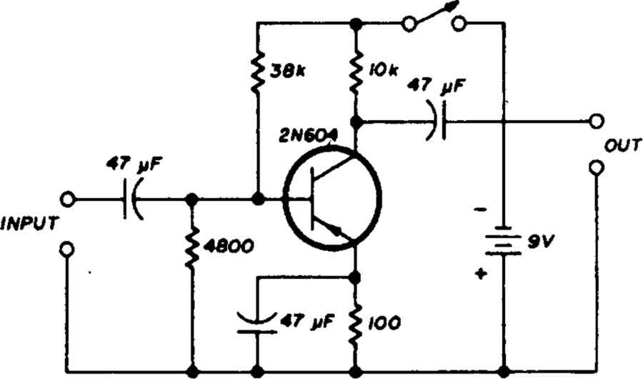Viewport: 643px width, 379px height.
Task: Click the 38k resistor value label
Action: pyautogui.click(x=286, y=72)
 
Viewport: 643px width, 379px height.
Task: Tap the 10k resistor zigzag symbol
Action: pyautogui.click(x=356, y=72)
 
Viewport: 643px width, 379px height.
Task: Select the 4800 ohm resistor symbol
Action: pyautogui.click(x=191, y=247)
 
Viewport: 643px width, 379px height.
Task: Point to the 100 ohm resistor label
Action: pyautogui.click(x=384, y=324)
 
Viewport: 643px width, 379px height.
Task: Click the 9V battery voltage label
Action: pyautogui.click(x=540, y=242)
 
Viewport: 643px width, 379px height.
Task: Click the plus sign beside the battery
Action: pyautogui.click(x=481, y=274)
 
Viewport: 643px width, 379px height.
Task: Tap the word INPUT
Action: pyautogui.click(x=29, y=224)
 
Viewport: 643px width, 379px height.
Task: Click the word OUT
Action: pyautogui.click(x=622, y=145)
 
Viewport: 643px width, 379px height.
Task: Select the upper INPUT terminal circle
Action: pyautogui.click(x=67, y=200)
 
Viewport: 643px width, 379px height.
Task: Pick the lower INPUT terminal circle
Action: pyautogui.click(x=67, y=249)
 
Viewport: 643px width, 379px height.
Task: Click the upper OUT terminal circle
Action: pyautogui.click(x=596, y=121)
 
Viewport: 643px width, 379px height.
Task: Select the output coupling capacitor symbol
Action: pyautogui.click(x=436, y=121)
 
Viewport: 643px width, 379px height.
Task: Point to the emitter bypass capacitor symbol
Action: pyautogui.click(x=257, y=323)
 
